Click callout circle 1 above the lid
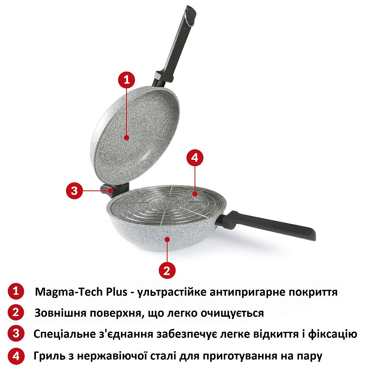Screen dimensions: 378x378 coord(127,80)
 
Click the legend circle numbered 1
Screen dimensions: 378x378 coord(15,292)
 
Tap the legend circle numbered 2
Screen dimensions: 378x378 coord(15,313)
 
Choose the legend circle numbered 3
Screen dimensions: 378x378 coord(15,334)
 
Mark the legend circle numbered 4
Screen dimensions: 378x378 coord(15,356)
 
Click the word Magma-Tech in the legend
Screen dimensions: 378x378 coord(65,292)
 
